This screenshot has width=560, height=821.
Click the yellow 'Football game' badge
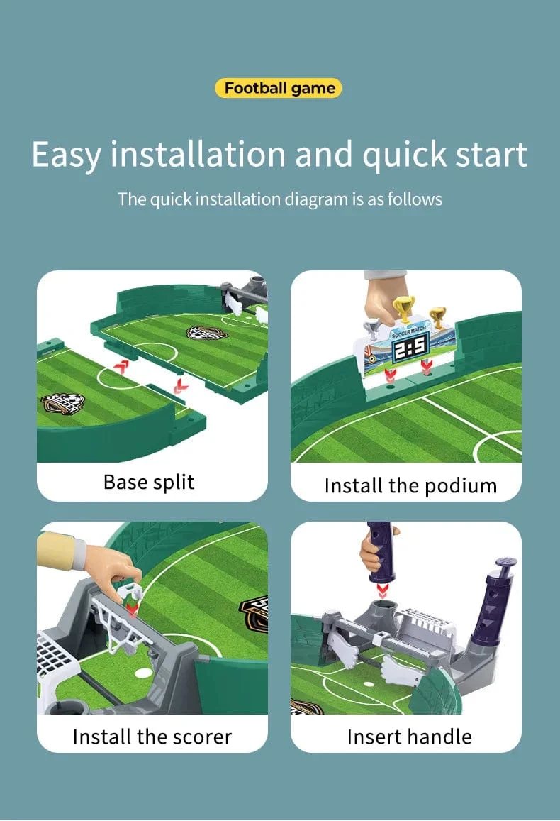point(278,88)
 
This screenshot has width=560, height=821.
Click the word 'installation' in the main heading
point(198,155)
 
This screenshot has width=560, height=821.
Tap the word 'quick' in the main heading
point(404,155)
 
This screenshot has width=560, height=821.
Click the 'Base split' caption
point(149,483)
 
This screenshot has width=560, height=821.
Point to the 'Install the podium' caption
point(410,486)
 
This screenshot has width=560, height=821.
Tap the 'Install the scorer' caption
point(152,737)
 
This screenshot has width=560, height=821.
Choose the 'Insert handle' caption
point(410,737)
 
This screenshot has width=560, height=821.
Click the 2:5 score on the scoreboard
point(410,346)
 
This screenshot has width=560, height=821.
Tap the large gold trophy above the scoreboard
point(403,307)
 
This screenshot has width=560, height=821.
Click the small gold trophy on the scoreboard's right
point(437,317)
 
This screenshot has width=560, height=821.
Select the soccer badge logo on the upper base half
point(207,333)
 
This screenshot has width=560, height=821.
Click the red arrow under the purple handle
point(382,590)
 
